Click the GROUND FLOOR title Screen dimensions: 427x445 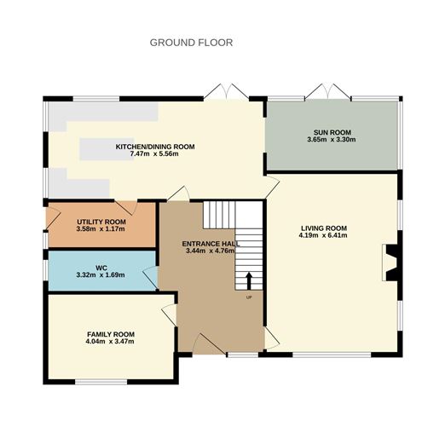click(191, 42)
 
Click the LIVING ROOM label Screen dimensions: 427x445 click(324, 228)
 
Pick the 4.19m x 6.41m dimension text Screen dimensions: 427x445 click(324, 236)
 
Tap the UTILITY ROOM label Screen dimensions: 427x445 click(101, 221)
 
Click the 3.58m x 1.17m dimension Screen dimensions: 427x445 click(101, 228)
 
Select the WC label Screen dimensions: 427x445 click(101, 267)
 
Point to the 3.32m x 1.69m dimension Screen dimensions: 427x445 click(101, 275)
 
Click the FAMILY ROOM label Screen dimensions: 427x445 click(110, 333)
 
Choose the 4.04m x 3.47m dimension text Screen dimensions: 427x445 click(110, 341)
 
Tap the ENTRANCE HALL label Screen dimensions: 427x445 click(211, 244)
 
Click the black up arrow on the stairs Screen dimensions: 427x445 click(249, 281)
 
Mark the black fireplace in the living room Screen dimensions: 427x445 click(392, 263)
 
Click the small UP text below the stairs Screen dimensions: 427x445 click(249, 297)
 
